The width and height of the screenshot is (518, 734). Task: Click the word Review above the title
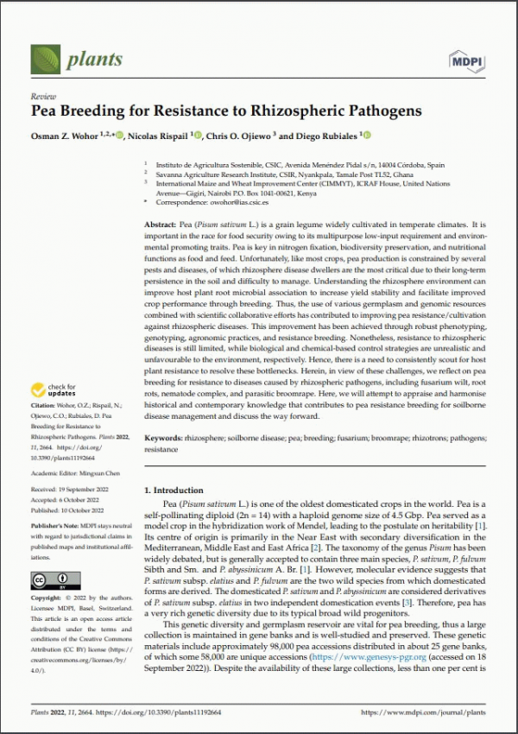pos(42,98)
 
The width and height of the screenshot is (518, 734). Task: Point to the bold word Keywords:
pos(166,439)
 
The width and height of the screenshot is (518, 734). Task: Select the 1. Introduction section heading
pos(174,490)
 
